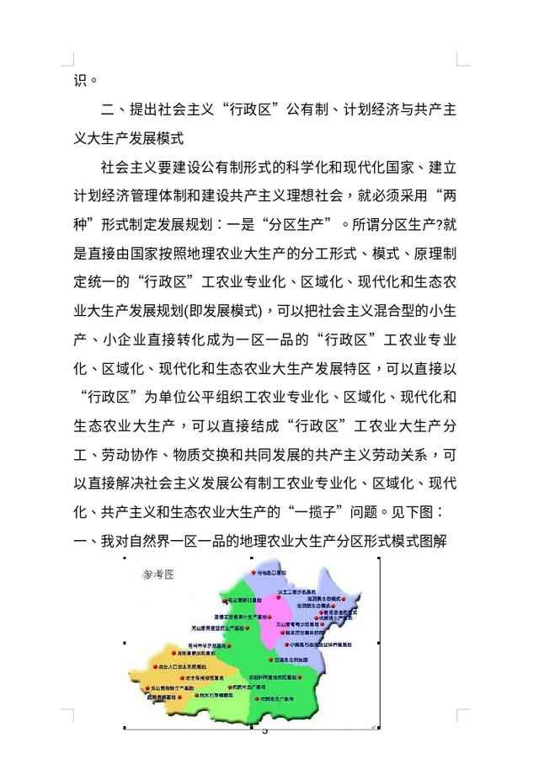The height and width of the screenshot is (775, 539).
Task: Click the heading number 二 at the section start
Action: [x=108, y=110]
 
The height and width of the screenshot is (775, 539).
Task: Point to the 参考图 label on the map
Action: [x=157, y=575]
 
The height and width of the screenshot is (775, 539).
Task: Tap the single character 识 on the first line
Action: [x=80, y=81]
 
